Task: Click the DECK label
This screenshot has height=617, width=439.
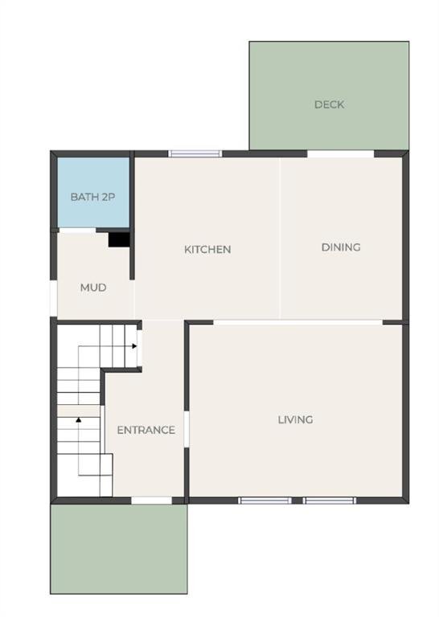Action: click(x=329, y=104)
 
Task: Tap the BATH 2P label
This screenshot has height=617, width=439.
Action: click(x=93, y=197)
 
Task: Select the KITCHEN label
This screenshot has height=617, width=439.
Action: click(x=207, y=250)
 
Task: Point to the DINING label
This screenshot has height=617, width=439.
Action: click(x=341, y=247)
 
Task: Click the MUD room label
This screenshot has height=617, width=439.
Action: click(x=93, y=288)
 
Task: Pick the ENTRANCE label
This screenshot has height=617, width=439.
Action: click(x=146, y=430)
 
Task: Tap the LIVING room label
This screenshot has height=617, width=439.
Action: click(x=296, y=420)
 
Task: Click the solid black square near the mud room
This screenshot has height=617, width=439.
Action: click(x=119, y=239)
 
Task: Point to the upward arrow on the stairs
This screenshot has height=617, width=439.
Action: click(x=79, y=420)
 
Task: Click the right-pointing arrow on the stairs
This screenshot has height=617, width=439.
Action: click(x=134, y=346)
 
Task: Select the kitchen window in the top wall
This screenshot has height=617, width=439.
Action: click(x=195, y=153)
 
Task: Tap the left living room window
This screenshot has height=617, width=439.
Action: click(x=265, y=501)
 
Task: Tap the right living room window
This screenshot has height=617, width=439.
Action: click(x=330, y=501)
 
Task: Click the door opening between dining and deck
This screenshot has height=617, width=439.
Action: click(x=341, y=153)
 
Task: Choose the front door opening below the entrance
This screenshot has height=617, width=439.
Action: click(x=152, y=501)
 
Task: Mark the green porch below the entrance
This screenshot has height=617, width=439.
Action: click(x=119, y=549)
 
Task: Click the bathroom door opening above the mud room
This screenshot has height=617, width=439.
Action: click(x=76, y=231)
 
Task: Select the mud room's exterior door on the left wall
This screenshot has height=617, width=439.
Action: click(x=54, y=298)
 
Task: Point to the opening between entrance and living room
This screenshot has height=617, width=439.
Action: click(x=187, y=430)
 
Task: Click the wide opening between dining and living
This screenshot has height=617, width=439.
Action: click(x=298, y=322)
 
